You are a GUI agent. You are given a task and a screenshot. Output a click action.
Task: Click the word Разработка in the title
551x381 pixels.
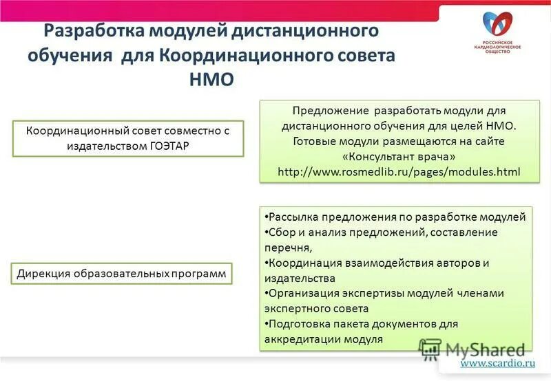(89, 32)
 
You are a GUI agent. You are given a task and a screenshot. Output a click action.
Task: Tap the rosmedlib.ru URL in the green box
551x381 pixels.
(399, 170)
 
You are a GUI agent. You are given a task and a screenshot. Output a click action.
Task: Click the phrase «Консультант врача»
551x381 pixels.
(399, 155)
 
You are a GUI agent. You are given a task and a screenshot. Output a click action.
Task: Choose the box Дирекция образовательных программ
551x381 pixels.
(121, 274)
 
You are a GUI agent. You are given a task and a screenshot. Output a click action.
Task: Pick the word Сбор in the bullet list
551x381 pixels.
(281, 232)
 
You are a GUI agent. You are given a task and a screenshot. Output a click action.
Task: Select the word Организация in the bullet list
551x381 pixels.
(304, 293)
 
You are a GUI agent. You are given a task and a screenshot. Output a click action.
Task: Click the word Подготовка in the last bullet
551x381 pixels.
(300, 323)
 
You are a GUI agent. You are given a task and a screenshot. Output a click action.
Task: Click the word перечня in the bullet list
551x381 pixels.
(287, 248)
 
